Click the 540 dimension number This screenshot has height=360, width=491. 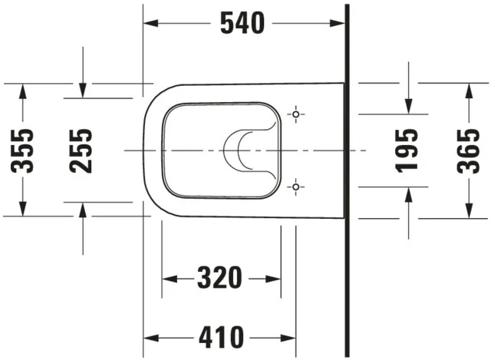(242, 24)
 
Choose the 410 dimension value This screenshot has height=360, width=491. (220, 336)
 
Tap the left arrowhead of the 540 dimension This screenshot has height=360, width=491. (151, 24)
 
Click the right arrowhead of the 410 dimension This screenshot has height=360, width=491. (289, 336)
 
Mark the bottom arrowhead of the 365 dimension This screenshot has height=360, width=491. (466, 210)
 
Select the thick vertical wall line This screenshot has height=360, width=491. (347, 177)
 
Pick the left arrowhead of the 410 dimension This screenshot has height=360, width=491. (151, 336)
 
